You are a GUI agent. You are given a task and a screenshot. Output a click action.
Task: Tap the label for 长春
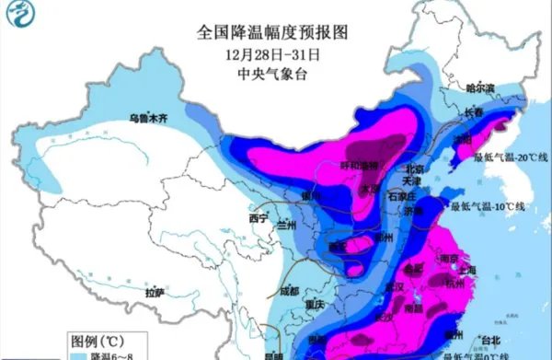(474, 112)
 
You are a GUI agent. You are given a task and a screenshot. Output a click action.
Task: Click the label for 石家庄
(402, 197)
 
